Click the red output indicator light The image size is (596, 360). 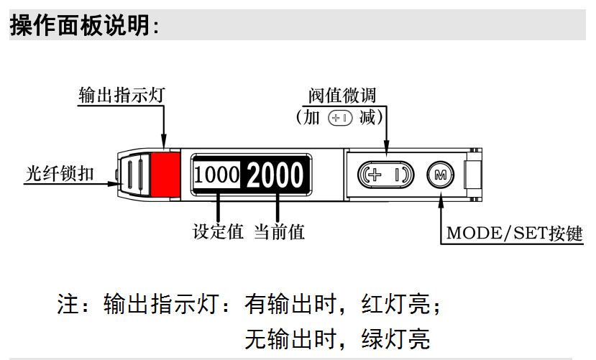[165, 175]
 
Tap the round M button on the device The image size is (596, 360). [440, 175]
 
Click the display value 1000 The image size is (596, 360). [216, 175]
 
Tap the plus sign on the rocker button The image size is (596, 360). [374, 175]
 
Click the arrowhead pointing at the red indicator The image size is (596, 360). [165, 144]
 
